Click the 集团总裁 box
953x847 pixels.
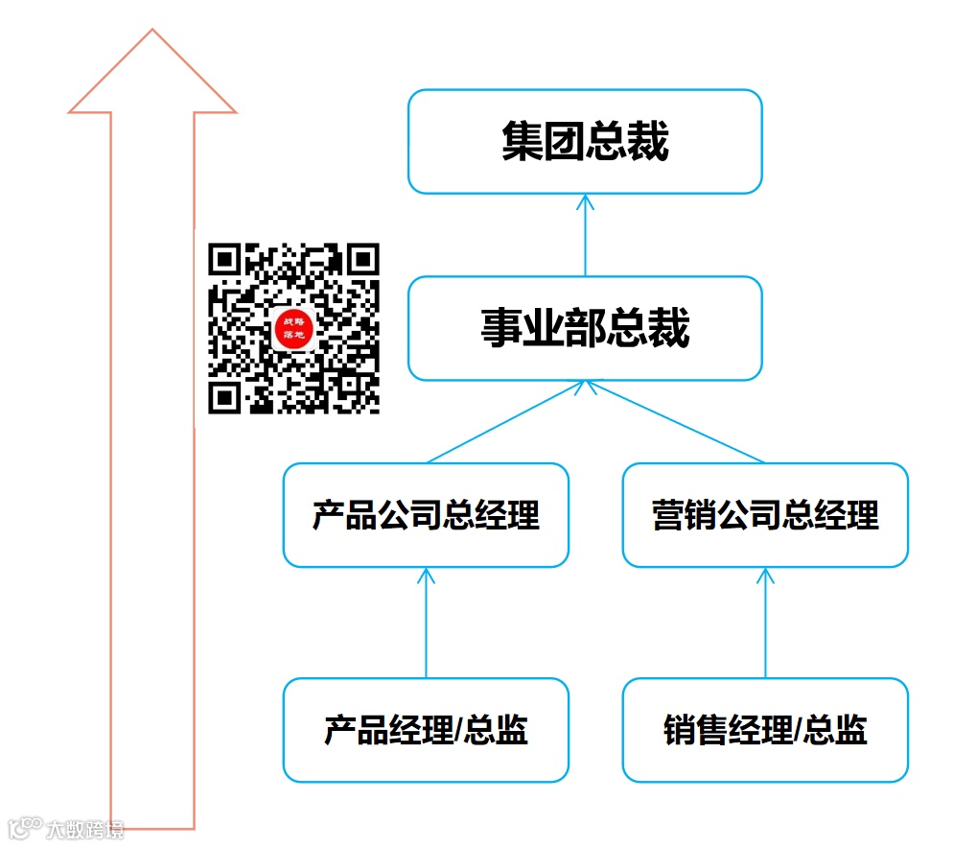coord(585,141)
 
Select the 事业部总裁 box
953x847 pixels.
coord(585,328)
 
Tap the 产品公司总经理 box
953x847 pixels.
coord(426,515)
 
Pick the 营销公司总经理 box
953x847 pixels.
coord(765,515)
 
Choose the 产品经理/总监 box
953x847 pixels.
coord(426,730)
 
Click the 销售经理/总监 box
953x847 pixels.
coord(765,730)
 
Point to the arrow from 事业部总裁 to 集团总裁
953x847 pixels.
coord(585,235)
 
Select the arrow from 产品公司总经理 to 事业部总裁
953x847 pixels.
coord(503,422)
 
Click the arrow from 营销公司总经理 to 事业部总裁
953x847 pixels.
coord(676,422)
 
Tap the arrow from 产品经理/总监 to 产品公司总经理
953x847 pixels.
coord(426,623)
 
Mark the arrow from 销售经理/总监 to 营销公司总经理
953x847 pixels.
coord(765,623)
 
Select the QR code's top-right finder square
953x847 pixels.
coord(363,259)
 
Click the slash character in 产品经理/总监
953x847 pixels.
coord(458,731)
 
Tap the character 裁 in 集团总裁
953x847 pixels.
coord(648,142)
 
